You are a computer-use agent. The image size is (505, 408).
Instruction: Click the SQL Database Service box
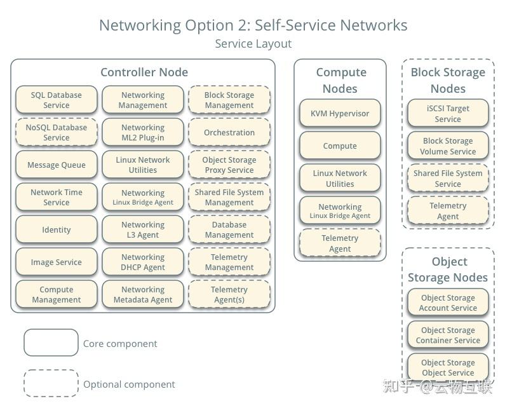[x=56, y=100]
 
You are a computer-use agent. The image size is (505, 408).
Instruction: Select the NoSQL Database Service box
[x=56, y=133]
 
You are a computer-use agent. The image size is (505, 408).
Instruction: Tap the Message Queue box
[x=56, y=165]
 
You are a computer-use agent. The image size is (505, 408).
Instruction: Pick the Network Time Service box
[x=56, y=198]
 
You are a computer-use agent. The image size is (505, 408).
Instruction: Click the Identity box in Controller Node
[x=56, y=230]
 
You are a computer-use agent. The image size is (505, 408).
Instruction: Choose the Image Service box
[x=56, y=262]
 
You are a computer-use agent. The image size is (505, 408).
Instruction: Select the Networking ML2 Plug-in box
[x=143, y=133]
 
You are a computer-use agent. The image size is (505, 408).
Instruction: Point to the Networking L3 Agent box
[x=143, y=230]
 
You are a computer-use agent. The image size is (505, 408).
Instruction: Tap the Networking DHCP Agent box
[x=143, y=262]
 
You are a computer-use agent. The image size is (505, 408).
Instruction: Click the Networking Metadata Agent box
[x=143, y=295]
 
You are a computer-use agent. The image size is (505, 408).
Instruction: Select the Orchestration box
[x=229, y=133]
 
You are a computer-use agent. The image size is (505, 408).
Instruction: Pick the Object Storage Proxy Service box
[x=229, y=165]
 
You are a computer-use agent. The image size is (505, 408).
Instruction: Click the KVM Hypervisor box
[x=340, y=114]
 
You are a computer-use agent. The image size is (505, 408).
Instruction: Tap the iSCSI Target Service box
[x=448, y=114]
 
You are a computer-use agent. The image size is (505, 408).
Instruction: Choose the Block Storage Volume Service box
[x=448, y=146]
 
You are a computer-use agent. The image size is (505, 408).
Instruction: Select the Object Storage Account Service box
[x=448, y=303]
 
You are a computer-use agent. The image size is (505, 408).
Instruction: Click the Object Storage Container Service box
[x=448, y=336]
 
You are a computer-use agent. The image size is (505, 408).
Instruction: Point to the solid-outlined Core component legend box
[x=51, y=343]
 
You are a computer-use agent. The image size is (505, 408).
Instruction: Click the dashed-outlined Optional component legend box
[x=51, y=384]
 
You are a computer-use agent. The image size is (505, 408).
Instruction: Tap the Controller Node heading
[x=144, y=72]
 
